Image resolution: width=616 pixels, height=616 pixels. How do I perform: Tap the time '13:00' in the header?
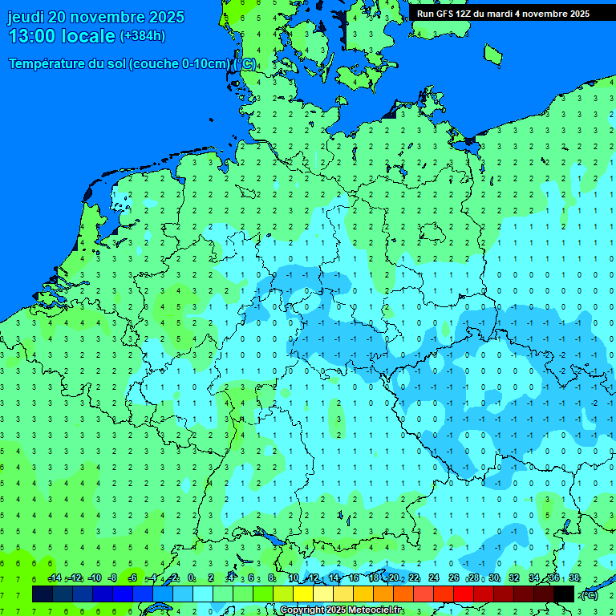pyautogui.click(x=34, y=37)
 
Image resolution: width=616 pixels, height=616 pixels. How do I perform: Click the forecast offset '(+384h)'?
pyautogui.click(x=142, y=36)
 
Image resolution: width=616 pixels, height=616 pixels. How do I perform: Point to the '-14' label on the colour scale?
pyautogui.click(x=54, y=578)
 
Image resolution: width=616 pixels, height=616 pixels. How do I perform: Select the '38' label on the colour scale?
pyautogui.click(x=574, y=578)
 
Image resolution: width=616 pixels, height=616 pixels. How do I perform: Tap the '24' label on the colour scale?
pyautogui.click(x=434, y=578)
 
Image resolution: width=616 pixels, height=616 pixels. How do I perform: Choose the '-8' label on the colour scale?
pyautogui.click(x=112, y=578)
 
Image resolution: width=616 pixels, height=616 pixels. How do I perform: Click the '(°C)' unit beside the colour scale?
pyautogui.click(x=589, y=595)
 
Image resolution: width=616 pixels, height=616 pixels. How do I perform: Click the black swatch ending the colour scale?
pyautogui.click(x=564, y=594)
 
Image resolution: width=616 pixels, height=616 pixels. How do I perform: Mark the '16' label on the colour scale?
pyautogui.click(x=353, y=578)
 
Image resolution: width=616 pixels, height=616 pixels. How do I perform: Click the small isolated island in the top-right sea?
pyautogui.click(x=492, y=54)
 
